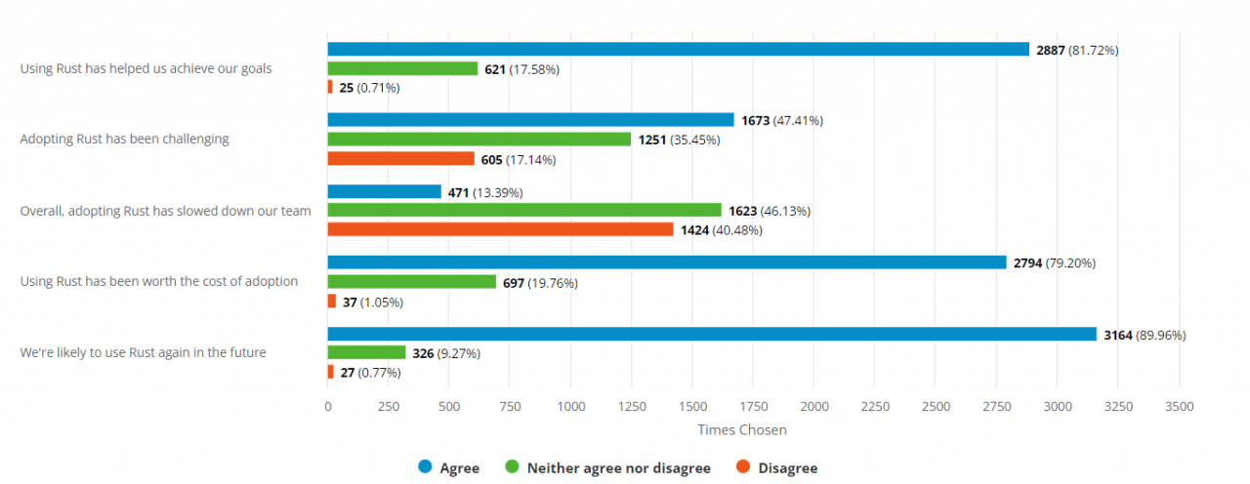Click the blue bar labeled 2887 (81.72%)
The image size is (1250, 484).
[x=678, y=50]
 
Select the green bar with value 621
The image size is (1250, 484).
[x=402, y=68]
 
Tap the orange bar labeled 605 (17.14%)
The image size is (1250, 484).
[x=400, y=159]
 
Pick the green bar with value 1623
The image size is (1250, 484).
[x=524, y=211]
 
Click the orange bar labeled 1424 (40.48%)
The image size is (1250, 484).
[x=500, y=229]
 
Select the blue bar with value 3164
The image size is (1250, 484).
[x=712, y=335]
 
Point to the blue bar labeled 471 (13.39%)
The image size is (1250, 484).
[x=384, y=192]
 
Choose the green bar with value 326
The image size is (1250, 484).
[x=366, y=352]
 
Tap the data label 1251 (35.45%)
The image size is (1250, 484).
[x=679, y=140]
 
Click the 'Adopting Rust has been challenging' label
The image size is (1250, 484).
[x=124, y=140]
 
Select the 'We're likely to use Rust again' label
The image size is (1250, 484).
[x=143, y=353]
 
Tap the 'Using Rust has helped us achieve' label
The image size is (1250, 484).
[x=146, y=68]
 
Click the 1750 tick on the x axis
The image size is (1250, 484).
[x=753, y=406]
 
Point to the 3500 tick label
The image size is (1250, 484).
[x=1179, y=406]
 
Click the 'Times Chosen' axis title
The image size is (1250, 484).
[x=741, y=430]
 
